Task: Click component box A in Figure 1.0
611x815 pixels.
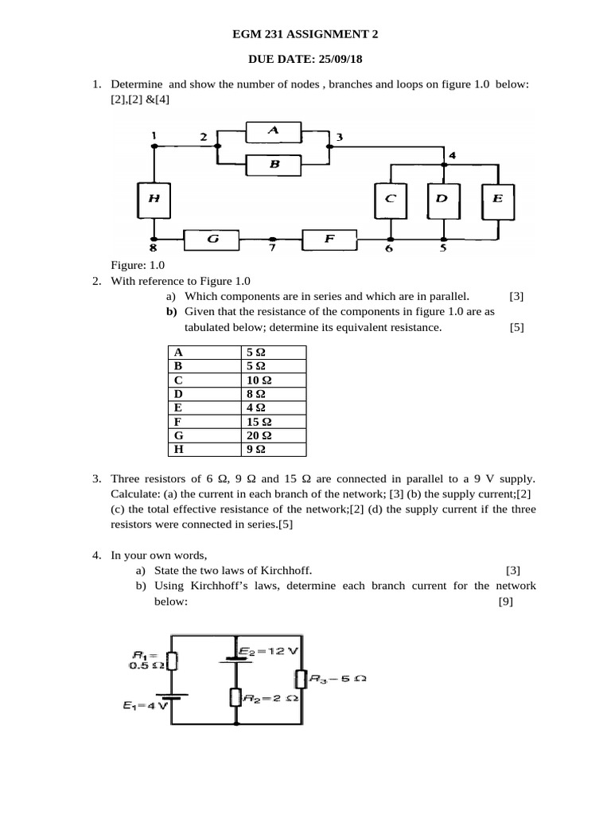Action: tap(273, 130)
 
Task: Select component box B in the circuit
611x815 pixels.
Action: tap(273, 165)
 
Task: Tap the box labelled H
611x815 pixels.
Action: tap(154, 199)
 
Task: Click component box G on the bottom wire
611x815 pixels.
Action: tap(212, 238)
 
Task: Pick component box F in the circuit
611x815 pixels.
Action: tap(329, 238)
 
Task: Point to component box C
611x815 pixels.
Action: tap(390, 200)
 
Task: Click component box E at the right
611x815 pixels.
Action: tap(497, 200)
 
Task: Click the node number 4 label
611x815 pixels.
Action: tap(452, 155)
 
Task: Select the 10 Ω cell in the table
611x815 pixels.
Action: tap(273, 380)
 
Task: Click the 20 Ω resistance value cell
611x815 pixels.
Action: tap(273, 435)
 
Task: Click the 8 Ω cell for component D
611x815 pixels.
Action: tap(273, 393)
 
